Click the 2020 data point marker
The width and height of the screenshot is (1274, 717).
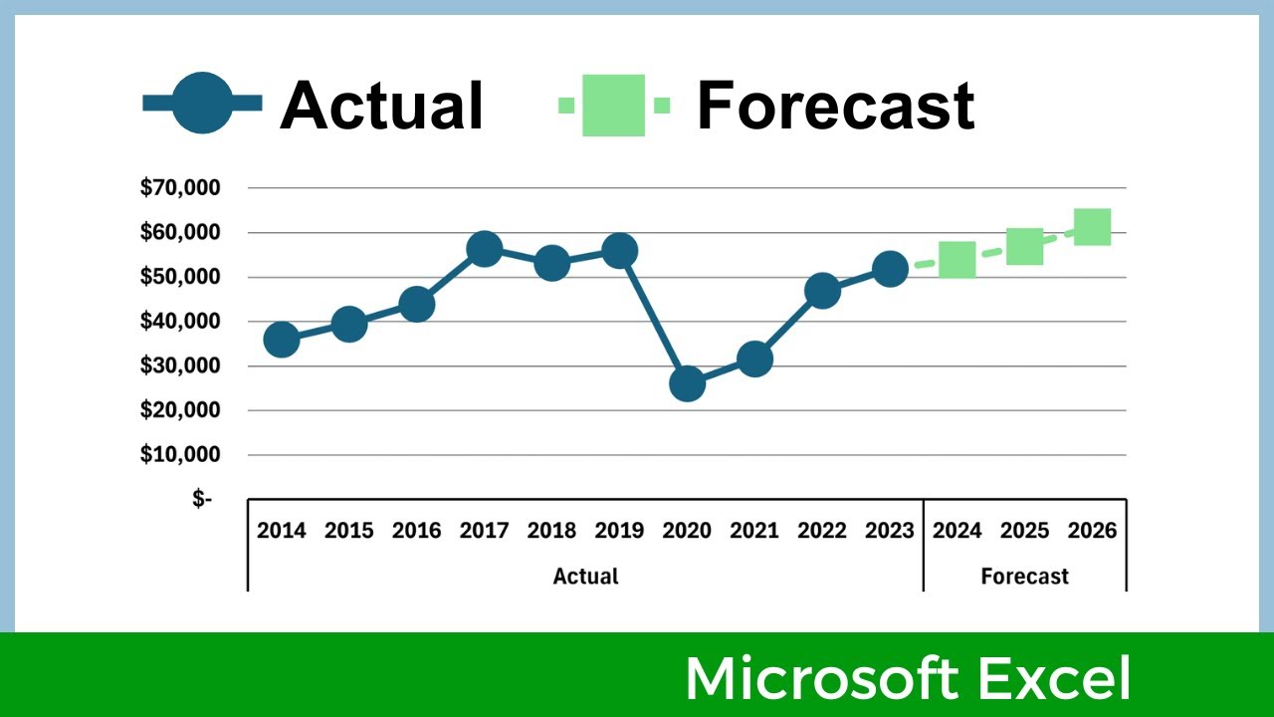[x=687, y=383]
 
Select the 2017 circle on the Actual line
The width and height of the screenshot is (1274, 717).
[x=484, y=249]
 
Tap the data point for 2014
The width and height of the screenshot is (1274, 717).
[x=282, y=340]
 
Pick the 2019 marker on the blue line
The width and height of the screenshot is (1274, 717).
[x=619, y=251]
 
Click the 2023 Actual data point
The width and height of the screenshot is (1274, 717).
[x=890, y=269]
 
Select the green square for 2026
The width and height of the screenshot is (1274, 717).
[x=1092, y=227]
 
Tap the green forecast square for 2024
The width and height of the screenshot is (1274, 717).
[x=956, y=260]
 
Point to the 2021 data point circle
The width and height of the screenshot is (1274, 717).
[x=754, y=359]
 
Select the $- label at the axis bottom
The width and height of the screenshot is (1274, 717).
[x=202, y=499]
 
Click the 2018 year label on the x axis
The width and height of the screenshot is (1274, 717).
[x=551, y=531]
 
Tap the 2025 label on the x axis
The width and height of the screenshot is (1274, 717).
[x=1024, y=531]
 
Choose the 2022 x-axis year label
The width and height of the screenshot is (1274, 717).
[x=822, y=531]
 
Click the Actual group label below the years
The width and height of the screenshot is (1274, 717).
[x=585, y=577]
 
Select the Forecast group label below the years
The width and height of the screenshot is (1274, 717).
[x=1024, y=577]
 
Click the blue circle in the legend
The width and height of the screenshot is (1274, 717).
[x=202, y=103]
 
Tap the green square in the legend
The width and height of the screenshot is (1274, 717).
[x=614, y=105]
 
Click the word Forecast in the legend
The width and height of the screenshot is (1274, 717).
[x=834, y=105]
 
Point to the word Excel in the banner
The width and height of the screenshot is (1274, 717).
[x=1054, y=678]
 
